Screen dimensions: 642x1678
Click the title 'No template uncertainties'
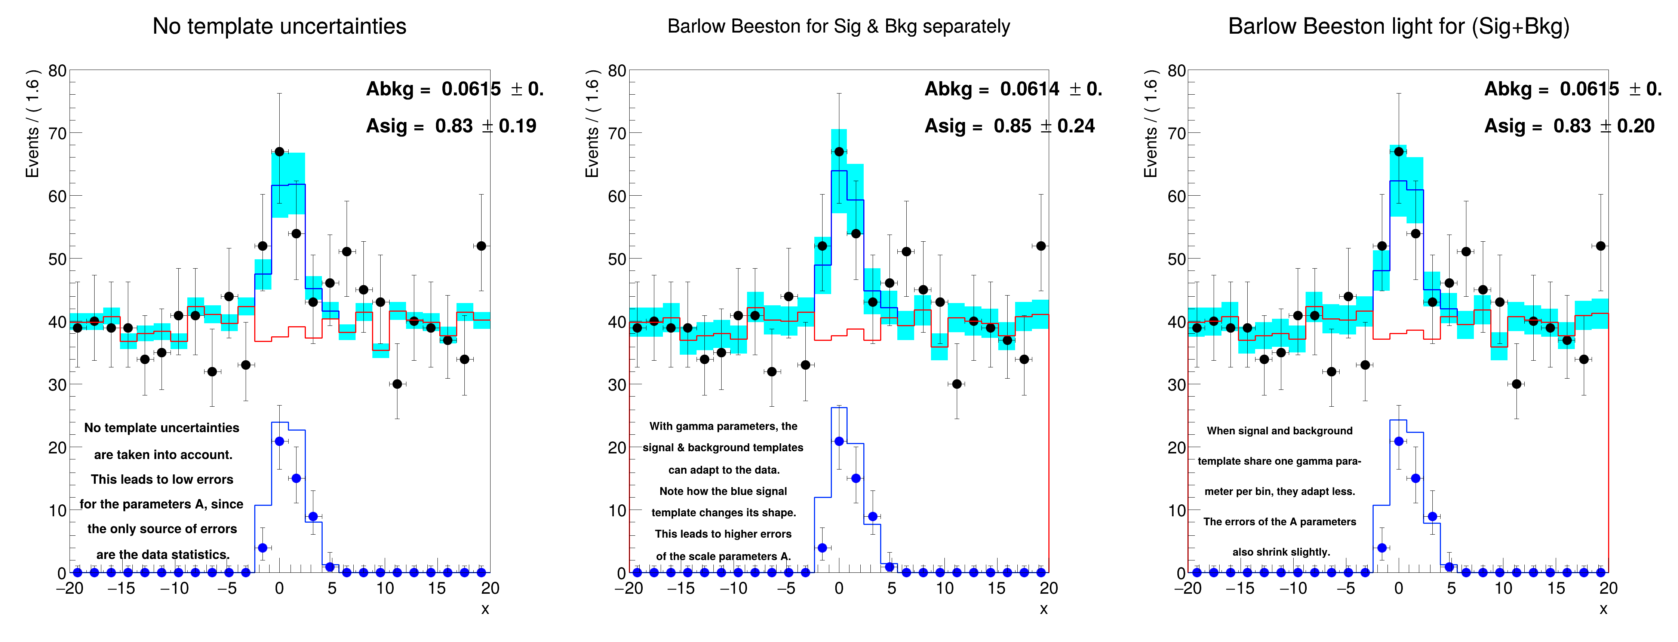(279, 26)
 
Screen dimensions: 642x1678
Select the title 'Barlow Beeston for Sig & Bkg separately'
(838, 26)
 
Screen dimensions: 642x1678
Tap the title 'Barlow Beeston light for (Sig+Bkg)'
(1399, 26)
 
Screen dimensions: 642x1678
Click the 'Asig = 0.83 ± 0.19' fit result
(451, 126)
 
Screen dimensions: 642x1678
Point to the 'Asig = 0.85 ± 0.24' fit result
(1009, 126)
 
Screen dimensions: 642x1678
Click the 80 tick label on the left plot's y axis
(57, 70)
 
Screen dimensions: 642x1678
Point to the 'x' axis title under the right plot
(1603, 609)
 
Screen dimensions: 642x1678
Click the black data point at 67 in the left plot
(279, 151)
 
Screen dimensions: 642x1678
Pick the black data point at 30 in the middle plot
(957, 384)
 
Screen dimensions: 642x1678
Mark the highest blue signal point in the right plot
(1399, 441)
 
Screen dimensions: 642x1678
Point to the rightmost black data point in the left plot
(482, 246)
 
